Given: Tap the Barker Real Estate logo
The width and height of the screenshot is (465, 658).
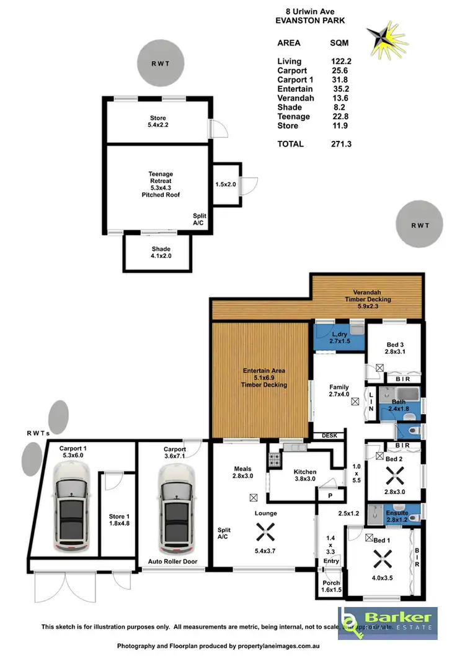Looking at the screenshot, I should (x=387, y=623).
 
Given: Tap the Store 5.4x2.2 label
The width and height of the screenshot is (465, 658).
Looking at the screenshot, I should (x=158, y=122).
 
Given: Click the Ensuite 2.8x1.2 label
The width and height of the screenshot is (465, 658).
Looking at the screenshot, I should (x=397, y=516).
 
